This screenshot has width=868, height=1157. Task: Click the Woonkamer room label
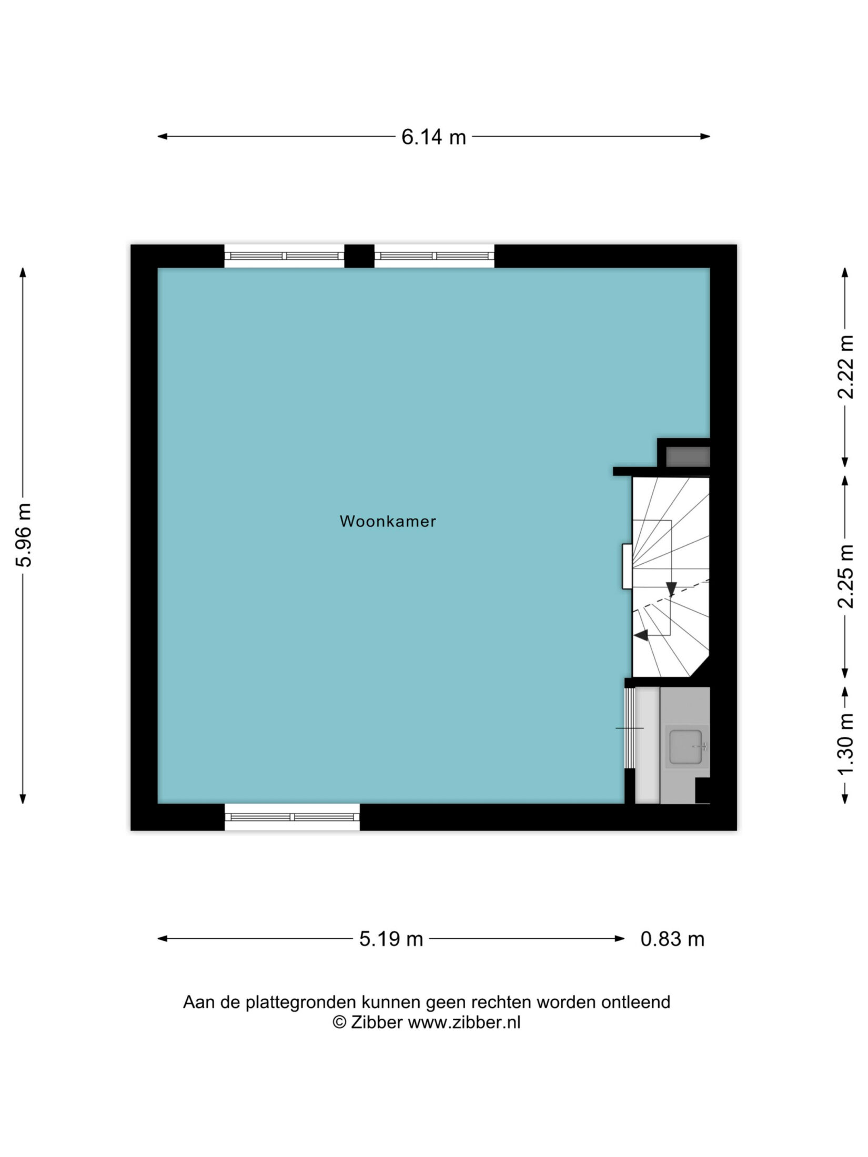click(388, 521)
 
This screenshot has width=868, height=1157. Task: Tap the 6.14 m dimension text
click(433, 137)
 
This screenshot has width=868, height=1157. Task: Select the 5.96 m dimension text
click(24, 534)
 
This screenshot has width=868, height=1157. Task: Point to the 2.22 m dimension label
click(845, 367)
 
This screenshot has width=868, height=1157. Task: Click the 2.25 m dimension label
click(845, 576)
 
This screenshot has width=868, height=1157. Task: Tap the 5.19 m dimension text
click(391, 939)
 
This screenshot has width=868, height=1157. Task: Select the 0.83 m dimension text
click(672, 939)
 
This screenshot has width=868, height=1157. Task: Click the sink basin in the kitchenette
click(686, 746)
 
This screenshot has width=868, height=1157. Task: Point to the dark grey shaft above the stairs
click(688, 456)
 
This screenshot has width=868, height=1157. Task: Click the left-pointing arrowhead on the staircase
click(641, 635)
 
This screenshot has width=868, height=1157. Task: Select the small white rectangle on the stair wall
click(627, 566)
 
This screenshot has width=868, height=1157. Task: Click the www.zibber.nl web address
click(464, 1022)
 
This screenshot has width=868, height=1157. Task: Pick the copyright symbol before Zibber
click(339, 1022)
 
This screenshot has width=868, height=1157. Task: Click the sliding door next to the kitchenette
click(629, 728)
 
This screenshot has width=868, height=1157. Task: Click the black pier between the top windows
click(359, 256)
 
